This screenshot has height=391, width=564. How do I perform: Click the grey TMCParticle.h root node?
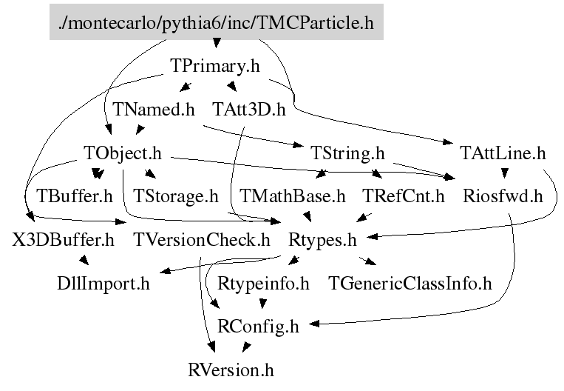coord(216,23)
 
